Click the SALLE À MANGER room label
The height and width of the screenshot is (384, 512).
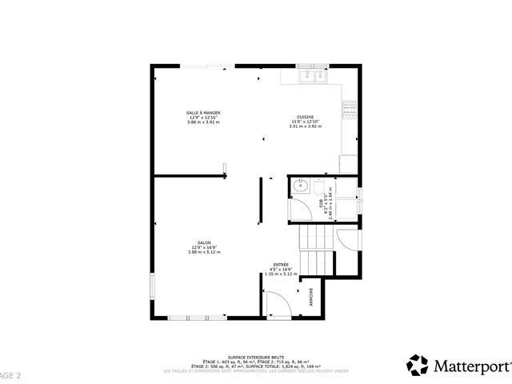(203, 113)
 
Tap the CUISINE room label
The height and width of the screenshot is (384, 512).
(305, 116)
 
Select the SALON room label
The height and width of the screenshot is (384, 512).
(204, 243)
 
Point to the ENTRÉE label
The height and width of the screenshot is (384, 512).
(280, 265)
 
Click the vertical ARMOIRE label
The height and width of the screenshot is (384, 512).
(311, 296)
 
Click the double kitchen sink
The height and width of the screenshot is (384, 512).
(310, 77)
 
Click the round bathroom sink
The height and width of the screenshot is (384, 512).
(302, 188)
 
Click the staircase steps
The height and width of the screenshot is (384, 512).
(314, 240)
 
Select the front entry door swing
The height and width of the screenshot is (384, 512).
(274, 302)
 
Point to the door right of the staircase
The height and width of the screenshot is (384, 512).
(346, 241)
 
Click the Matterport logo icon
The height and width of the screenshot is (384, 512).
(418, 366)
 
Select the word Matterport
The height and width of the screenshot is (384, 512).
(471, 366)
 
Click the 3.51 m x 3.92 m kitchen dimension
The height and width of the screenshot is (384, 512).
(305, 126)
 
